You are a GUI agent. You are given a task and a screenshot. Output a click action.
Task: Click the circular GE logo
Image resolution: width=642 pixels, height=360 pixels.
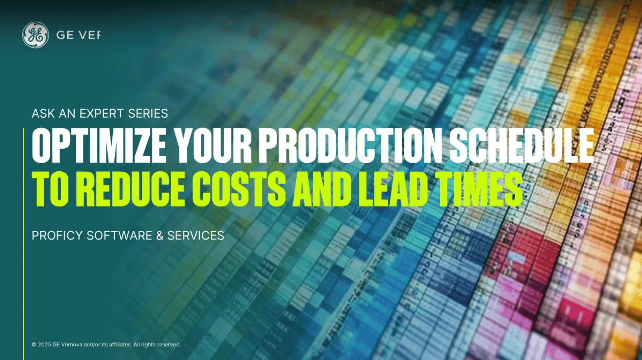coord(35,35)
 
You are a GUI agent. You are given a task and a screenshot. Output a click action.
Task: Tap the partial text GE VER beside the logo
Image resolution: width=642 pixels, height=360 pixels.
coord(78,35)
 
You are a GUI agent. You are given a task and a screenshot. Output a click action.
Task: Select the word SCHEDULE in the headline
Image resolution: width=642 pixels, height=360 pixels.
coord(521,146)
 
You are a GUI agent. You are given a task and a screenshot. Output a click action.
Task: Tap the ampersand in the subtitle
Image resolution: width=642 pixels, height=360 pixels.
coord(160,235)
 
